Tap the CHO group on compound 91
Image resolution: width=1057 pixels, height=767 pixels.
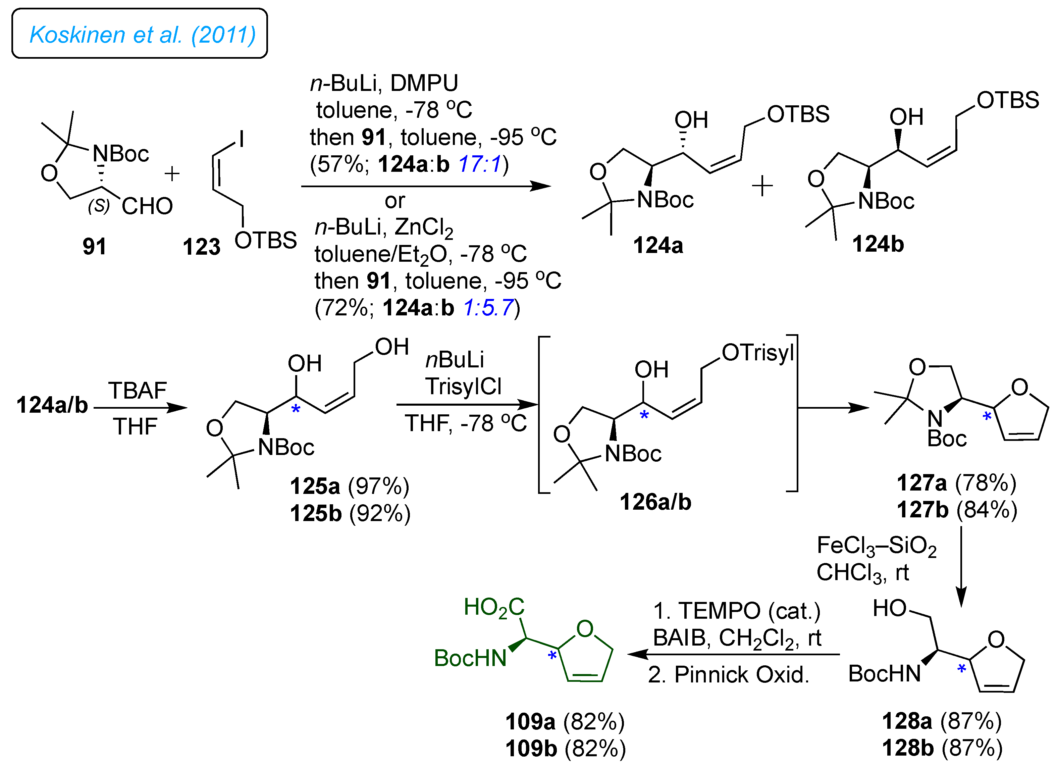tap(147, 206)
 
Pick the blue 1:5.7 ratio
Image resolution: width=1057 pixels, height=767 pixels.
tap(488, 308)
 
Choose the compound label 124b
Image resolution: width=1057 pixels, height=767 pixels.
tap(878, 244)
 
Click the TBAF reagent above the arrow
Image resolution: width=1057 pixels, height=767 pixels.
tap(138, 390)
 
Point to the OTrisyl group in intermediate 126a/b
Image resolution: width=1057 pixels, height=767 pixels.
tap(757, 353)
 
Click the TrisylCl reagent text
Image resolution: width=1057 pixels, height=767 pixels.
tap(463, 387)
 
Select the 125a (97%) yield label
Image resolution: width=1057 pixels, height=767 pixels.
tap(350, 486)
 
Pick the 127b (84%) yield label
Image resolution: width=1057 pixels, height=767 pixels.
tap(957, 510)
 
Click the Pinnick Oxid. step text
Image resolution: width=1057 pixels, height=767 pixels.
tap(729, 675)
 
